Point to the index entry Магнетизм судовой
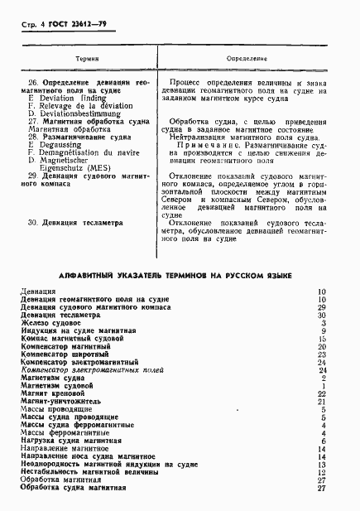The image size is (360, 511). (x=56, y=385)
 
